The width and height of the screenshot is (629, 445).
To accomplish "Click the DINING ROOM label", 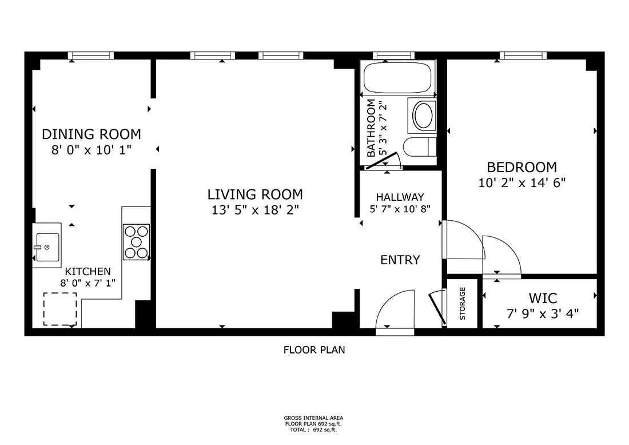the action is [91, 134].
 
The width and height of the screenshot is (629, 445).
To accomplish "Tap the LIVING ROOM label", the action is [255, 194].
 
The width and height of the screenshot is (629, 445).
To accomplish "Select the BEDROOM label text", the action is [522, 167].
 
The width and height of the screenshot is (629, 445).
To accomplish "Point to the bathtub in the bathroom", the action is [397, 77].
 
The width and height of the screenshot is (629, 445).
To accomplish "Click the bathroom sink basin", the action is [423, 115].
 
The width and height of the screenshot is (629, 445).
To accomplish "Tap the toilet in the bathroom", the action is [420, 147].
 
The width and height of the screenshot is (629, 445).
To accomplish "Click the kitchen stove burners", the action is [137, 242].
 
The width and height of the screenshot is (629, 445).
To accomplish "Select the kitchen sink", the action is [47, 245].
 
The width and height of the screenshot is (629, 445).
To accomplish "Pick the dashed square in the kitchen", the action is [60, 309].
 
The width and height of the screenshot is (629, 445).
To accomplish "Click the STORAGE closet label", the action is [462, 303].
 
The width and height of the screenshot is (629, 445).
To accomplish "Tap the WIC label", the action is [543, 298].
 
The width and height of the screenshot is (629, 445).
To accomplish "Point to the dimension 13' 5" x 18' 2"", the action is [255, 210].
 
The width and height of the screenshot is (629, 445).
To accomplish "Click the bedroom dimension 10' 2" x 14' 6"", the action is [522, 183].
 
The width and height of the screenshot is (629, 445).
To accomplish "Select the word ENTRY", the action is [400, 260].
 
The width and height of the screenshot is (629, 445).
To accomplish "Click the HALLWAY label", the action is [400, 197].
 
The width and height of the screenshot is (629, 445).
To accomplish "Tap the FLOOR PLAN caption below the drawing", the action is [314, 350].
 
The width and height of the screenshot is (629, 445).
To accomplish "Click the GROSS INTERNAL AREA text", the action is [314, 418].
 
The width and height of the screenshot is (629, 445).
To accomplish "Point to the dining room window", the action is [91, 55].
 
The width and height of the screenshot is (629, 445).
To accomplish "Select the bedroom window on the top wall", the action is [523, 55].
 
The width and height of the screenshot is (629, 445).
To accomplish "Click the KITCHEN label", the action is [87, 271].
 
